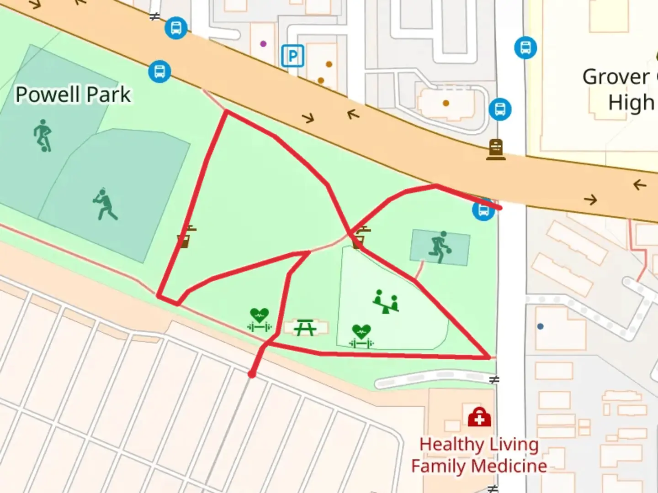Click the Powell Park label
(x=73, y=95)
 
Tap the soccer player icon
(x=42, y=136)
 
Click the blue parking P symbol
(x=292, y=56)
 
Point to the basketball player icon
(x=440, y=247)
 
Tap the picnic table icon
(x=305, y=327)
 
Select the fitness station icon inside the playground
(x=361, y=336)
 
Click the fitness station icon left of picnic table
(x=259, y=319)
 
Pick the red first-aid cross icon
(x=479, y=417)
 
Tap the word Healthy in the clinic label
(x=452, y=444)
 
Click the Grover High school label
(x=619, y=89)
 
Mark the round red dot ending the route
(x=251, y=374)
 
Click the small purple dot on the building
(x=263, y=44)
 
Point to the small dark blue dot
(x=541, y=326)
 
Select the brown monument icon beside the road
(x=496, y=149)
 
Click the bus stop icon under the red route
(x=483, y=210)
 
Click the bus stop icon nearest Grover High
(x=525, y=47)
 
